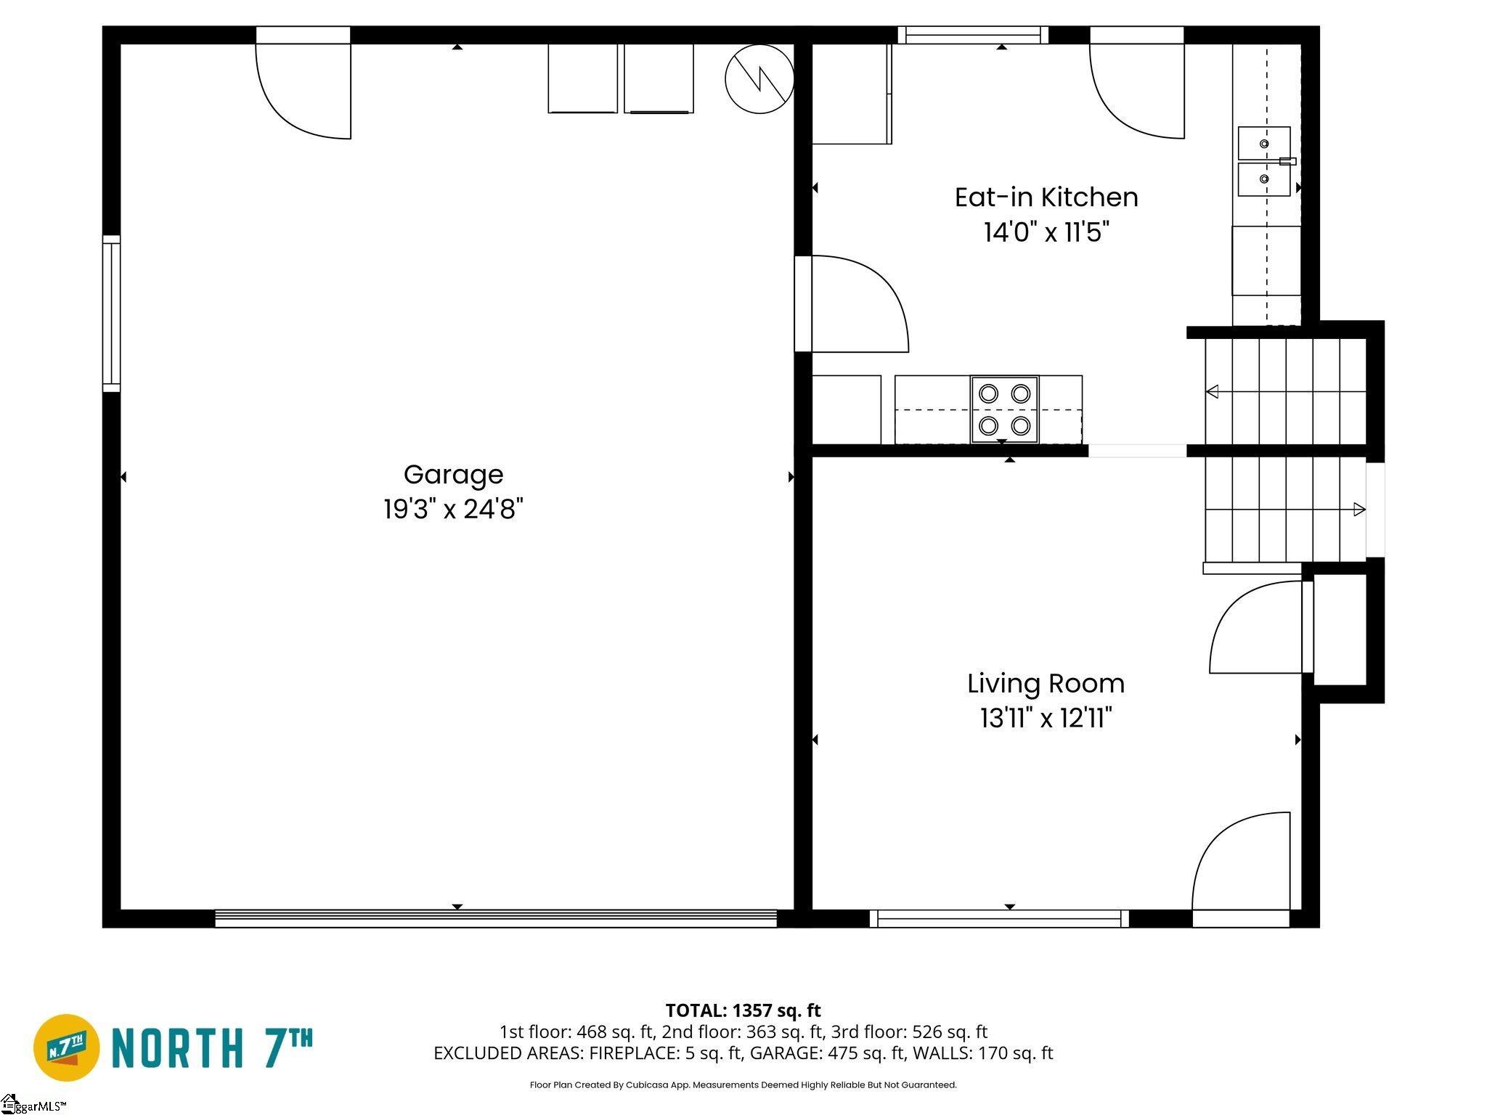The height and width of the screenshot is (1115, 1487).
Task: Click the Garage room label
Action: point(453,475)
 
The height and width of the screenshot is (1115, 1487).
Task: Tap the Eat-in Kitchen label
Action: point(1046,197)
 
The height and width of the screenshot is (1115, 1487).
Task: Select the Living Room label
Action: point(1046,684)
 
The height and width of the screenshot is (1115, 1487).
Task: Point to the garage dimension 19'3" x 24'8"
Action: point(453,510)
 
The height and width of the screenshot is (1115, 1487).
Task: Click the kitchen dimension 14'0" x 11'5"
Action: point(1046,232)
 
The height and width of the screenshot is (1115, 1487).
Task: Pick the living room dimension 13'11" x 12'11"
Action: point(1046,719)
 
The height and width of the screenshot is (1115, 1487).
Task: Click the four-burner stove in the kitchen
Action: point(1005,409)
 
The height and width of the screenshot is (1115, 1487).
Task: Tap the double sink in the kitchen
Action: point(1264,161)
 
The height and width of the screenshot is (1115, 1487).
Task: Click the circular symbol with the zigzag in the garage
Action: point(759,78)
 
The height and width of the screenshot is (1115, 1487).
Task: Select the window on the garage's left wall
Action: point(111,314)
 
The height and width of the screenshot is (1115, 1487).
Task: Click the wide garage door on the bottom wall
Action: point(496,918)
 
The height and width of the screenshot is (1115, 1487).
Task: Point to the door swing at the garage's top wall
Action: point(303,91)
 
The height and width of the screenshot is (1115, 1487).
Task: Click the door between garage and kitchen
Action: point(852,303)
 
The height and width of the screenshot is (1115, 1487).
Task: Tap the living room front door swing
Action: point(1242,861)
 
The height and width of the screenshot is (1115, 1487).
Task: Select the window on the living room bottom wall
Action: point(1000,919)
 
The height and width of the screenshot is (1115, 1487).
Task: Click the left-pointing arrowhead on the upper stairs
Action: point(1212,392)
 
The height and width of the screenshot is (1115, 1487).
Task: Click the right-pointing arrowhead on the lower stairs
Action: point(1359,510)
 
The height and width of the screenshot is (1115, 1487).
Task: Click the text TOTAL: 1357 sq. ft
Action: point(743,1010)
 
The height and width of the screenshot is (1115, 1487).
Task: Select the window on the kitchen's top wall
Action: point(973,35)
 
